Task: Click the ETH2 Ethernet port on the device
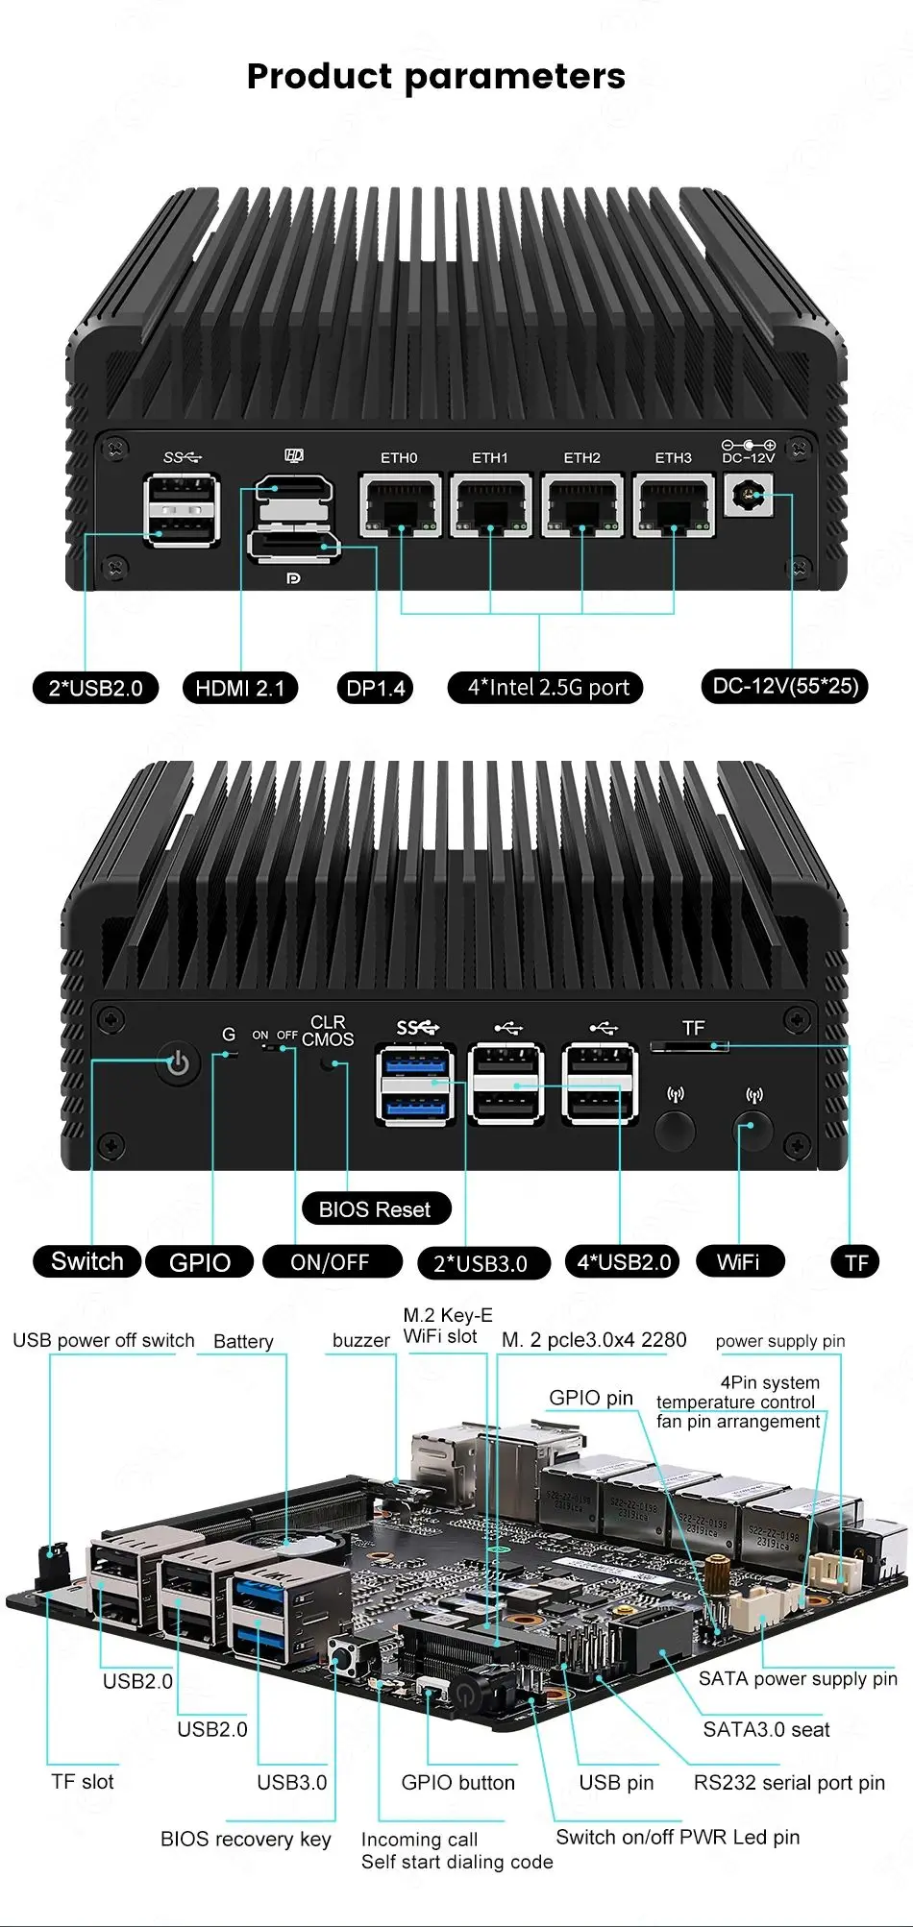click(582, 506)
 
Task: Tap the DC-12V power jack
click(748, 497)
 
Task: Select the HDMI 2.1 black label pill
click(240, 688)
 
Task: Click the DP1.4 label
click(375, 688)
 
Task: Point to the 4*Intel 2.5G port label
click(546, 688)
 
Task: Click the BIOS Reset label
click(375, 1209)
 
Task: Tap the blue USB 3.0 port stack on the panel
click(415, 1085)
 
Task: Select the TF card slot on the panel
click(689, 1046)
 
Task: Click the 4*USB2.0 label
click(623, 1262)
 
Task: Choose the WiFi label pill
click(737, 1262)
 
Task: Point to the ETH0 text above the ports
click(399, 458)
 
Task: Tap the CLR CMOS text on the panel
click(328, 1031)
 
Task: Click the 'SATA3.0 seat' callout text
click(766, 1730)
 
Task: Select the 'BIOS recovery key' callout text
click(245, 1840)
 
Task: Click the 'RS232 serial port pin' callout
click(789, 1783)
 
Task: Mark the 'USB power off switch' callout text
click(103, 1341)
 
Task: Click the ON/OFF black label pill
click(330, 1262)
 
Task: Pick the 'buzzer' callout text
click(361, 1341)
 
